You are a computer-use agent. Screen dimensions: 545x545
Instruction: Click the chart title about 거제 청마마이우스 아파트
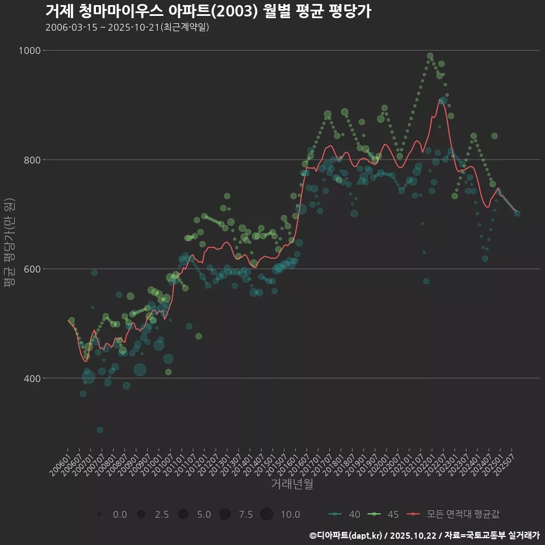pyautogui.click(x=208, y=11)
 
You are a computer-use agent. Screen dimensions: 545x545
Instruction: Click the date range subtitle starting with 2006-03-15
pyautogui.click(x=127, y=27)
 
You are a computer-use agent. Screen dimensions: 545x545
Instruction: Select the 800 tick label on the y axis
pyautogui.click(x=32, y=160)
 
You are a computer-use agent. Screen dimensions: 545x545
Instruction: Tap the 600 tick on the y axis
pyautogui.click(x=32, y=269)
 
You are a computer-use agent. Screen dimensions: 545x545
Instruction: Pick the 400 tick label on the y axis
pyautogui.click(x=32, y=378)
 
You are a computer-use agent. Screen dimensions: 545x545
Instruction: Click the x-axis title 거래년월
pyautogui.click(x=292, y=484)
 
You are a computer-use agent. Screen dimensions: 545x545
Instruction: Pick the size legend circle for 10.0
pyautogui.click(x=267, y=514)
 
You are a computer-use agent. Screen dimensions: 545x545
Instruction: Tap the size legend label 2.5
pyautogui.click(x=162, y=514)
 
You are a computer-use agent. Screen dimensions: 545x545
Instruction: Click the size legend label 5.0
pyautogui.click(x=204, y=514)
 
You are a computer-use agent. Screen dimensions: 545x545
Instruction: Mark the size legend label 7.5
pyautogui.click(x=246, y=514)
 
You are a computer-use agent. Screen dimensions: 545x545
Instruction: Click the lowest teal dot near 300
pyautogui.click(x=100, y=430)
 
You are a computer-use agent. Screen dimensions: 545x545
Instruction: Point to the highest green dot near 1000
pyautogui.click(x=430, y=56)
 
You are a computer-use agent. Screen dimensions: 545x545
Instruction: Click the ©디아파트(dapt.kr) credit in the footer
pyautogui.click(x=346, y=535)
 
